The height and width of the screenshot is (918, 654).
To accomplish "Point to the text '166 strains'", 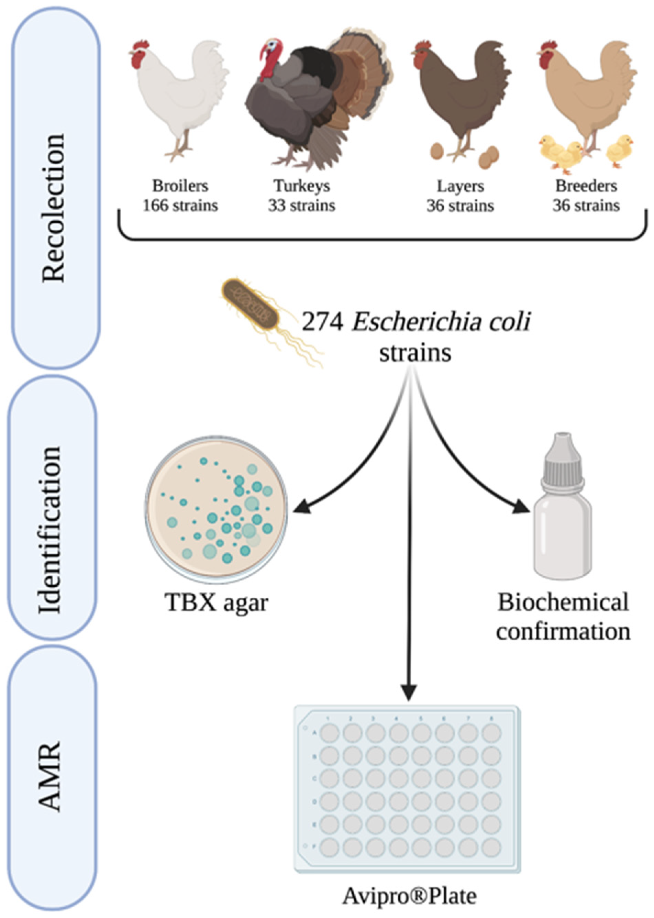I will [x=180, y=206].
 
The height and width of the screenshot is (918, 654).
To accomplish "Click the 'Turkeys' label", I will [x=302, y=186].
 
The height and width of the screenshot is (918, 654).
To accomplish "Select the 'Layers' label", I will [x=460, y=186].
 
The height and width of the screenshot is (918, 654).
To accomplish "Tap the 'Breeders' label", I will [x=586, y=186].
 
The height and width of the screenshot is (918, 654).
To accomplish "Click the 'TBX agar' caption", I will [x=216, y=603].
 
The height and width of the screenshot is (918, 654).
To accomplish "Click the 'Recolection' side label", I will [x=54, y=207].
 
